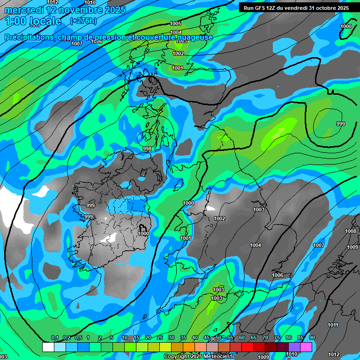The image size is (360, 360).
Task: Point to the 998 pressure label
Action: pyautogui.click(x=147, y=149)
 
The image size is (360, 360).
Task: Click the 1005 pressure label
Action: pyautogui.click(x=175, y=23)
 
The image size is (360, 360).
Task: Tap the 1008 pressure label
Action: pyautogui.click(x=350, y=231)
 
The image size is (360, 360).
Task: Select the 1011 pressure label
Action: pyautogui.click(x=333, y=325)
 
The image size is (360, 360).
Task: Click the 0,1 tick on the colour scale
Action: pyautogui.click(x=55, y=338)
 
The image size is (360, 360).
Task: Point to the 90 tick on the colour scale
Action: pyautogui.click(x=312, y=338)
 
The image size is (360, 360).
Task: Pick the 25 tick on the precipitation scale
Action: pyautogui.click(x=160, y=338)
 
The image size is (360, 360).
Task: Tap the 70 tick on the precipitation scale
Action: pyautogui.click(x=265, y=338)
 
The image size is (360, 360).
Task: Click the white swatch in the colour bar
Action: pyautogui.click(x=48, y=347)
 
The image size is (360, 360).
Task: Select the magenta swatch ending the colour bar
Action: pyautogui.click(x=306, y=347)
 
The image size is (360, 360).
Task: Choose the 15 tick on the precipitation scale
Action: pyautogui.click(x=136, y=338)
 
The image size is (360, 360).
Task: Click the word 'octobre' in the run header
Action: pyautogui.click(x=324, y=8)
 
